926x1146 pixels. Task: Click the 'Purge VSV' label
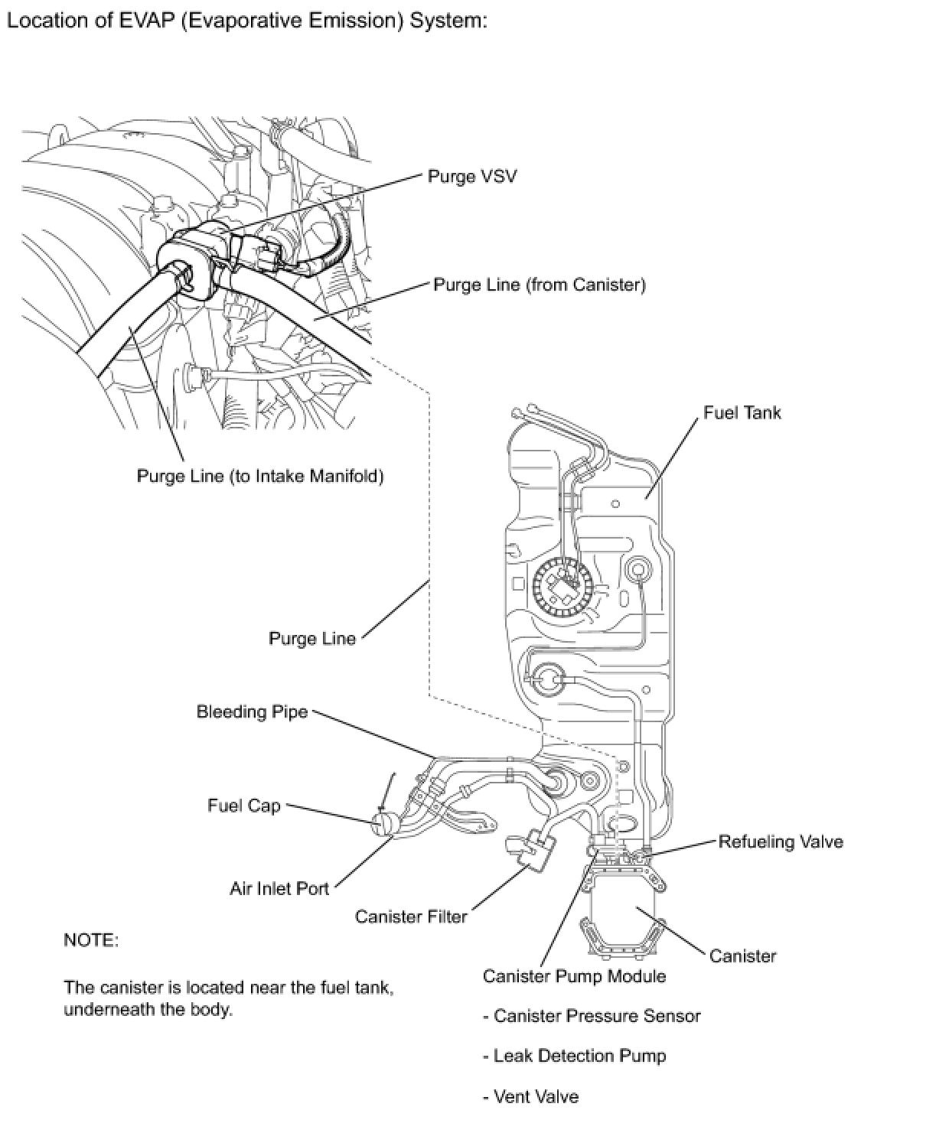tap(471, 177)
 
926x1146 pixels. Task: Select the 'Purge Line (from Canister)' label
tap(539, 285)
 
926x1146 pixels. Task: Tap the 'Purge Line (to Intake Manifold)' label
tap(260, 476)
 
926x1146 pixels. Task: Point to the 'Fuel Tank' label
tap(742, 413)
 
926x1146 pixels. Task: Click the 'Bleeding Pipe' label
tap(252, 711)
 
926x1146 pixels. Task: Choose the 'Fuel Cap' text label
tap(244, 806)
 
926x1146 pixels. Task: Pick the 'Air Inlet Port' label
tap(279, 889)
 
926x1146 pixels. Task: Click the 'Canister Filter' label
tap(411, 916)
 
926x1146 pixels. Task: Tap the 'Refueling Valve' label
tap(780, 842)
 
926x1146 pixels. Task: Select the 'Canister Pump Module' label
tap(574, 976)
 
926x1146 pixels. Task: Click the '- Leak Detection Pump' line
tap(574, 1056)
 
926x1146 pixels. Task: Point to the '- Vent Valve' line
tap(530, 1096)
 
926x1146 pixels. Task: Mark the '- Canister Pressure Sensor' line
tap(592, 1016)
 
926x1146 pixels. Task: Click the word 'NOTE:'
tap(91, 939)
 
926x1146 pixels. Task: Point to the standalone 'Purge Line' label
tap(312, 638)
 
